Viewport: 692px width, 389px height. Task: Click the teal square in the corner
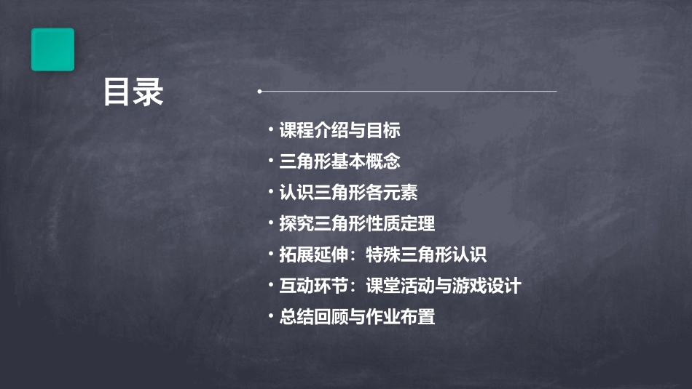click(52, 49)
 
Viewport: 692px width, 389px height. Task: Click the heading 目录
click(133, 93)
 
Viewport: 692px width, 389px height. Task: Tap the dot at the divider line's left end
click(259, 92)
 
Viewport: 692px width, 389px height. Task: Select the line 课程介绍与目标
click(339, 131)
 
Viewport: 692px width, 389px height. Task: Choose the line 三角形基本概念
click(339, 161)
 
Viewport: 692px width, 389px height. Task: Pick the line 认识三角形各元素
click(348, 193)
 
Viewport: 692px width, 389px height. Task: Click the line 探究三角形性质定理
click(357, 224)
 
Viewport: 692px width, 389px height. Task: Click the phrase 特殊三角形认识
click(425, 255)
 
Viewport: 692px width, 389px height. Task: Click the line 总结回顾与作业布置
click(357, 318)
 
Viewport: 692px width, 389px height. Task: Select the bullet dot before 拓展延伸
click(270, 254)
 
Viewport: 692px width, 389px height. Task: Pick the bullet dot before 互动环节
click(270, 285)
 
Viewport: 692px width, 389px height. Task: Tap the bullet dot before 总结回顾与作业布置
click(270, 316)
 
